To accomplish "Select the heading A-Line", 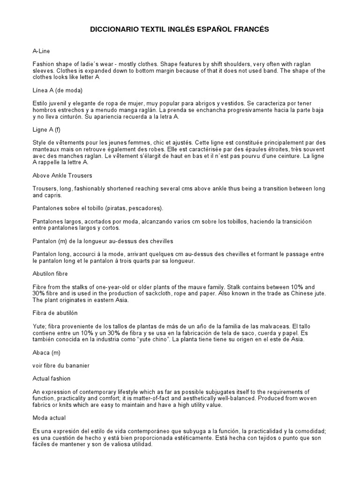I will point(41,51).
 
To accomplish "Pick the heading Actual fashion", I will point(52,378).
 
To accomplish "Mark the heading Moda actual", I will point(49,418).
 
